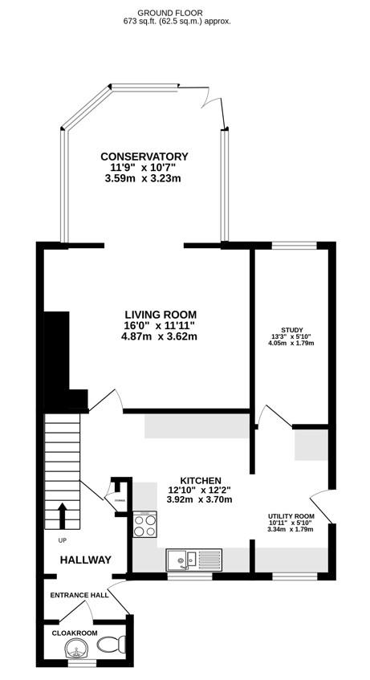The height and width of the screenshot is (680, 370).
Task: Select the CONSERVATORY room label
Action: click(x=144, y=157)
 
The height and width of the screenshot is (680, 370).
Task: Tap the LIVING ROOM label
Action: click(x=160, y=314)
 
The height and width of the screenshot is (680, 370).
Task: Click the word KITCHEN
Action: click(x=201, y=479)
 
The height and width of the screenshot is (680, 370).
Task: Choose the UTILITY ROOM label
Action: click(x=291, y=516)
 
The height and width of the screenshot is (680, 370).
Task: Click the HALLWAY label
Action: click(x=85, y=560)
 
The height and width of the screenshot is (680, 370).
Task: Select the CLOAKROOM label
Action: click(x=74, y=633)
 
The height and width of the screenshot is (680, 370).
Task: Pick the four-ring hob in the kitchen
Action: click(x=144, y=526)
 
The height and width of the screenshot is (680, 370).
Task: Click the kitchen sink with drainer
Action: click(x=193, y=557)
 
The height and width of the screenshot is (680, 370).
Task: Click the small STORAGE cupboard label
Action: click(x=120, y=500)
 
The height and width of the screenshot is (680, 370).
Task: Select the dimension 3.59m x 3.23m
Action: click(x=144, y=178)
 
